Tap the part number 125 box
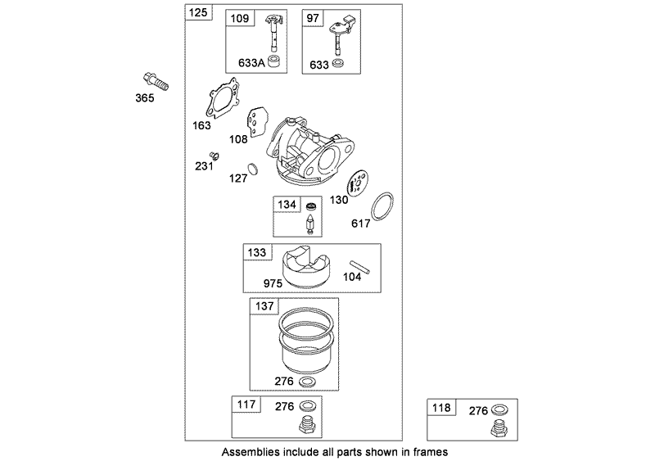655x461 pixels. point(199,13)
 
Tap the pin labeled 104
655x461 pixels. point(359,268)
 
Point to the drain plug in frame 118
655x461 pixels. point(498,429)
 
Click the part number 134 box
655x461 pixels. point(287,205)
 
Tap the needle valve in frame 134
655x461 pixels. point(311,224)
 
